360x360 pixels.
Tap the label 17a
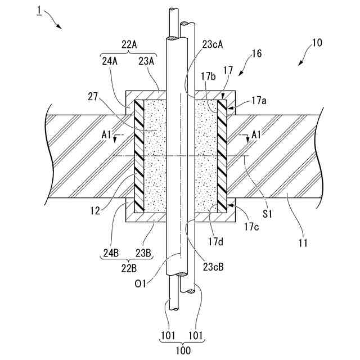tap(258, 101)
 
